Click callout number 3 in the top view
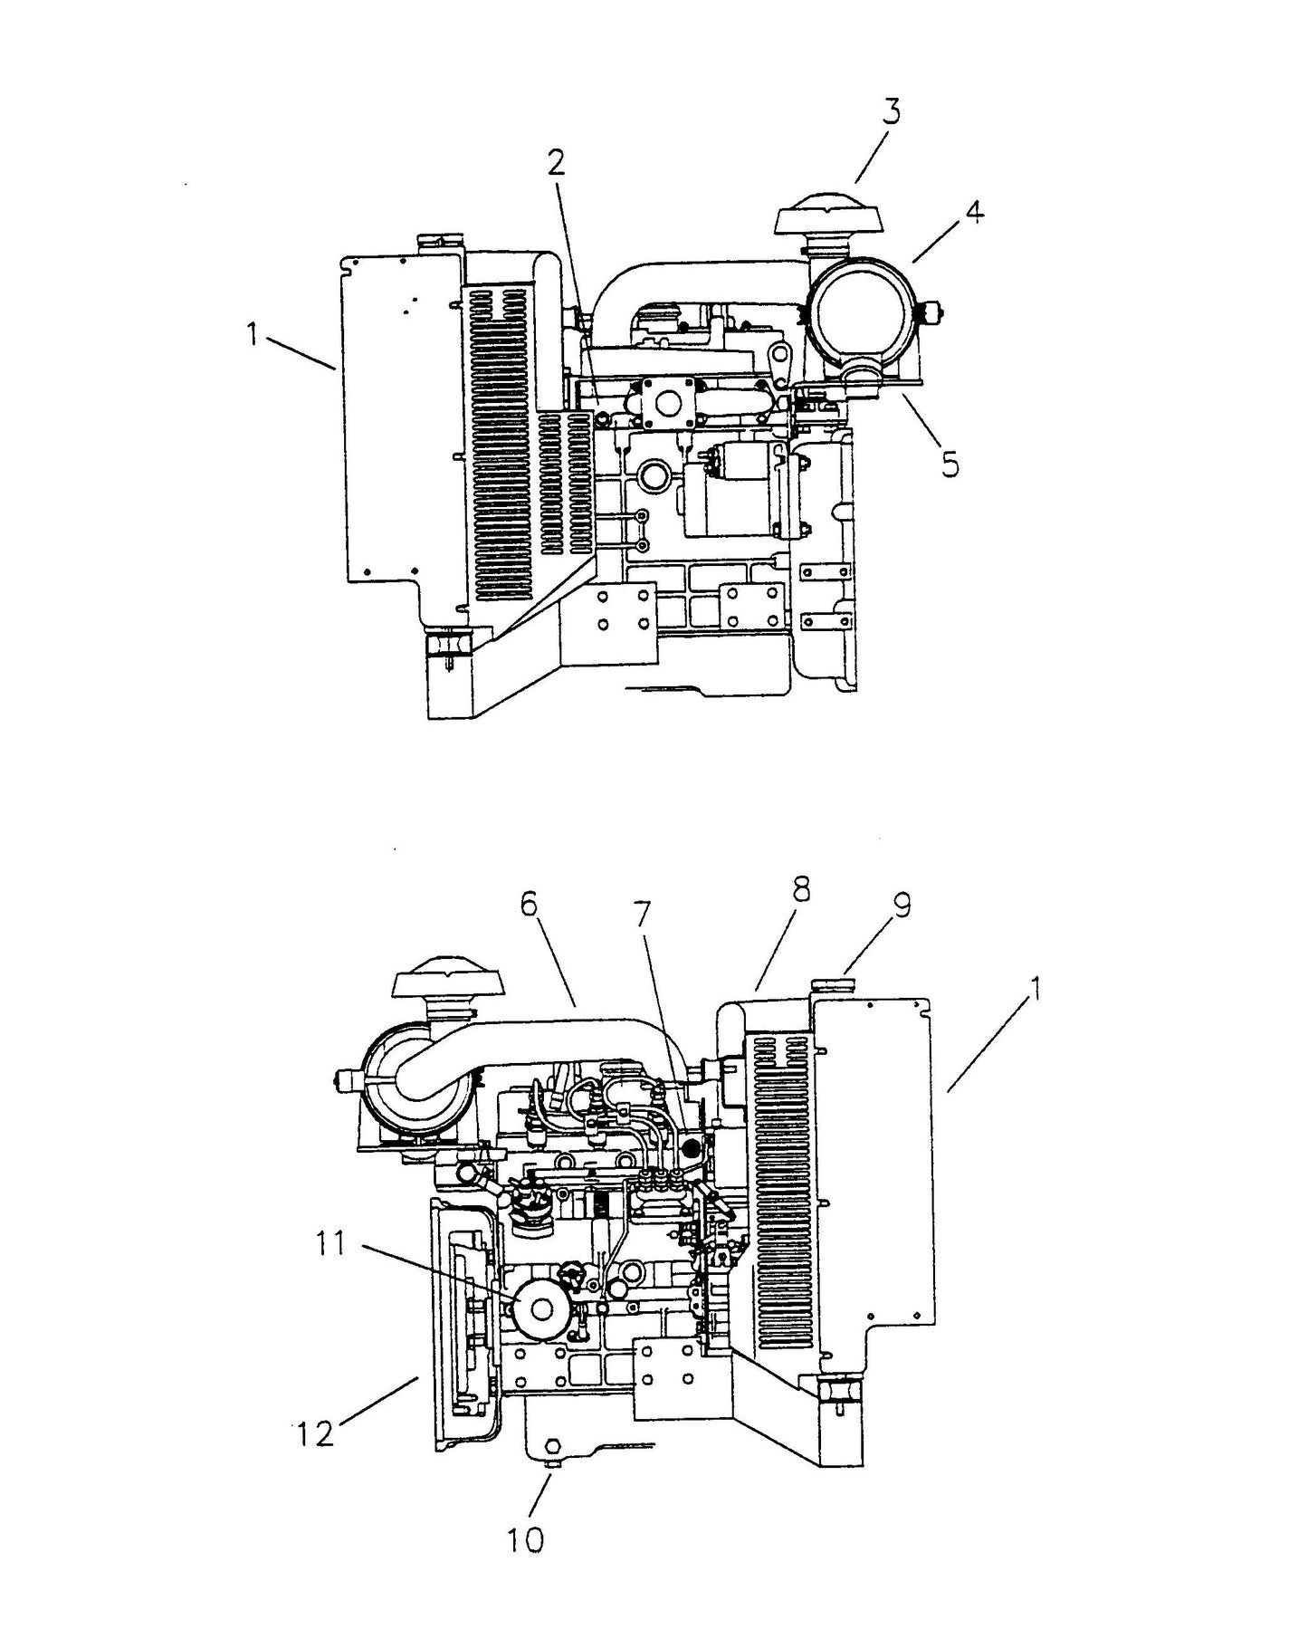[892, 113]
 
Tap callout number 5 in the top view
[949, 465]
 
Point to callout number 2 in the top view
[556, 163]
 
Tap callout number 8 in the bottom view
[798, 889]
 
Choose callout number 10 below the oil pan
[525, 1538]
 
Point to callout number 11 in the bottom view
[330, 1244]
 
